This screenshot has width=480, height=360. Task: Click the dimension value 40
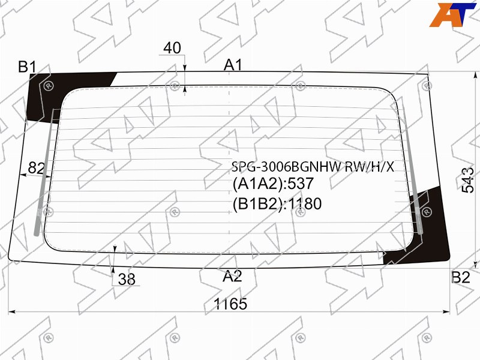coord(172,48)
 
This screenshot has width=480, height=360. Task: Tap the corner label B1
coord(27,67)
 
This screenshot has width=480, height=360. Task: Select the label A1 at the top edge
coord(233,65)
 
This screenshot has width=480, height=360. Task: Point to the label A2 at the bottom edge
coord(232,276)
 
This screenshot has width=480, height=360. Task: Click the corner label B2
coord(461,277)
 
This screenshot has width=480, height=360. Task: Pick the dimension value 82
coord(37,168)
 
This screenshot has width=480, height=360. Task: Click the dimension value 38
coord(127,279)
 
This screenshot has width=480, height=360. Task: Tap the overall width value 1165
coord(230,304)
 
